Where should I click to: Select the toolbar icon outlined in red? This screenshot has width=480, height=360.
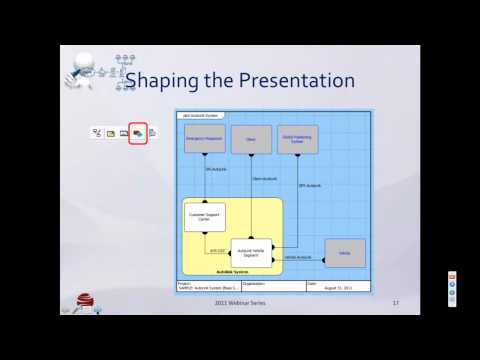137,132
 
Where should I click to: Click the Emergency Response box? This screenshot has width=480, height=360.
204,139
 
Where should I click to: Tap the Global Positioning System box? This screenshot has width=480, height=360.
299,139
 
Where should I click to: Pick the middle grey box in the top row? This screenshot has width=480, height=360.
251,139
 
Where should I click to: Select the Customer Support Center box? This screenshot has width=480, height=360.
204,216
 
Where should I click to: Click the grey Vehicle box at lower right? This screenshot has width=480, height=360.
345,254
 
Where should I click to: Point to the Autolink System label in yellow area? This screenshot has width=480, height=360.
230,271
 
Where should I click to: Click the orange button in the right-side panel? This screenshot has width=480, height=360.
452,276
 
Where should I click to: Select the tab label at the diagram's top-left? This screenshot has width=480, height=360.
196,115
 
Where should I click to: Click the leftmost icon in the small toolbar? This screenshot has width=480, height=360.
97,132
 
